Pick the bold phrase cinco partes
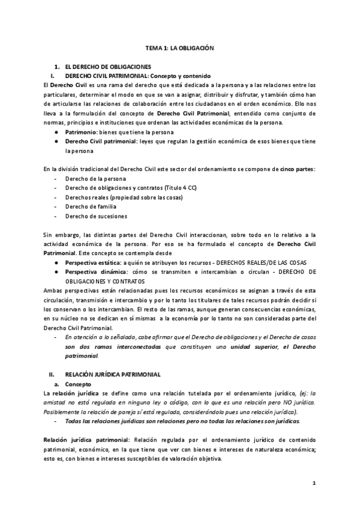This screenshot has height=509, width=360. (x=298, y=169)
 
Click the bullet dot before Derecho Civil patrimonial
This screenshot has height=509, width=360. (x=55, y=142)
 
